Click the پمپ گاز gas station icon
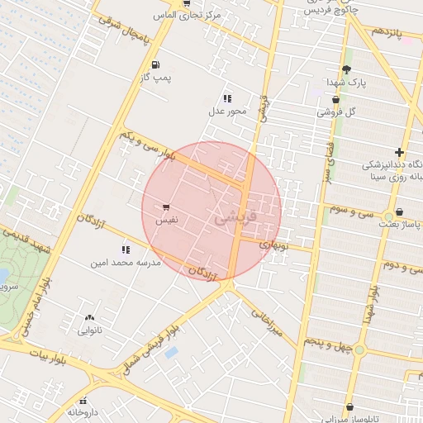click(x=155, y=64)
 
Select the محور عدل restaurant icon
click(x=227, y=98)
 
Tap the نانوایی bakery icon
click(x=89, y=317)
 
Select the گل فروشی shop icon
click(x=335, y=99)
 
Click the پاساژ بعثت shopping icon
click(x=400, y=211)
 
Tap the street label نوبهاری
click(x=273, y=245)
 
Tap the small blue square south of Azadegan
click(x=171, y=353)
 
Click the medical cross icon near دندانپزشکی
click(x=400, y=152)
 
